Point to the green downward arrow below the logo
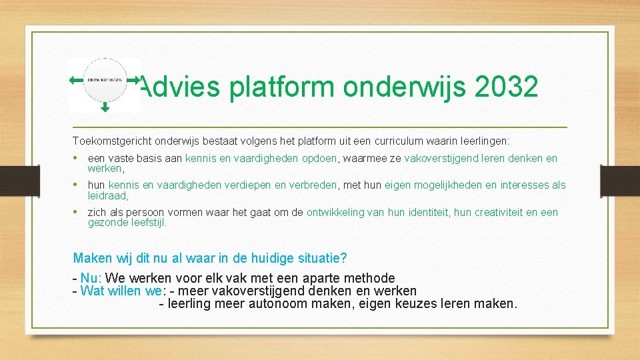[x=105, y=106]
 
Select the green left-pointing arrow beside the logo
[x=76, y=80]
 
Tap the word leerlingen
[x=481, y=141]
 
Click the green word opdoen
[x=321, y=159]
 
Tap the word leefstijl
[x=149, y=223]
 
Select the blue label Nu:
[x=91, y=278]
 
